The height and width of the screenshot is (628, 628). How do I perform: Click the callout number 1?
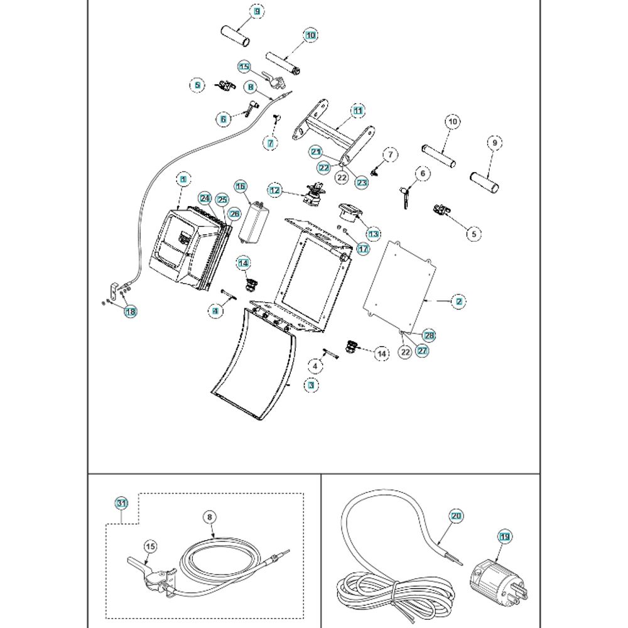[x=183, y=180]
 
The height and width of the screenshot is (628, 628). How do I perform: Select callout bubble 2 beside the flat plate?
[x=459, y=301]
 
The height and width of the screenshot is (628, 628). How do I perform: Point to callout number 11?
[x=357, y=111]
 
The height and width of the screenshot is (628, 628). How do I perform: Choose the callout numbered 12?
[x=274, y=189]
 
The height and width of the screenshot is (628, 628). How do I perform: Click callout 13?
[x=374, y=234]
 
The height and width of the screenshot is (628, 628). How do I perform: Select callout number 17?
[x=364, y=249]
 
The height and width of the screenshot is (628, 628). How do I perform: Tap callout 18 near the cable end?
[x=130, y=311]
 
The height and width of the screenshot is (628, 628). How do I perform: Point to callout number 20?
[x=457, y=516]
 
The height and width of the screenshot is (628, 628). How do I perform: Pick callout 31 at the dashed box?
[x=121, y=503]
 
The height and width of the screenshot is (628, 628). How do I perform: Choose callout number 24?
[x=204, y=198]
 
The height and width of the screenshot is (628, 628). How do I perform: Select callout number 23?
[x=362, y=183]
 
